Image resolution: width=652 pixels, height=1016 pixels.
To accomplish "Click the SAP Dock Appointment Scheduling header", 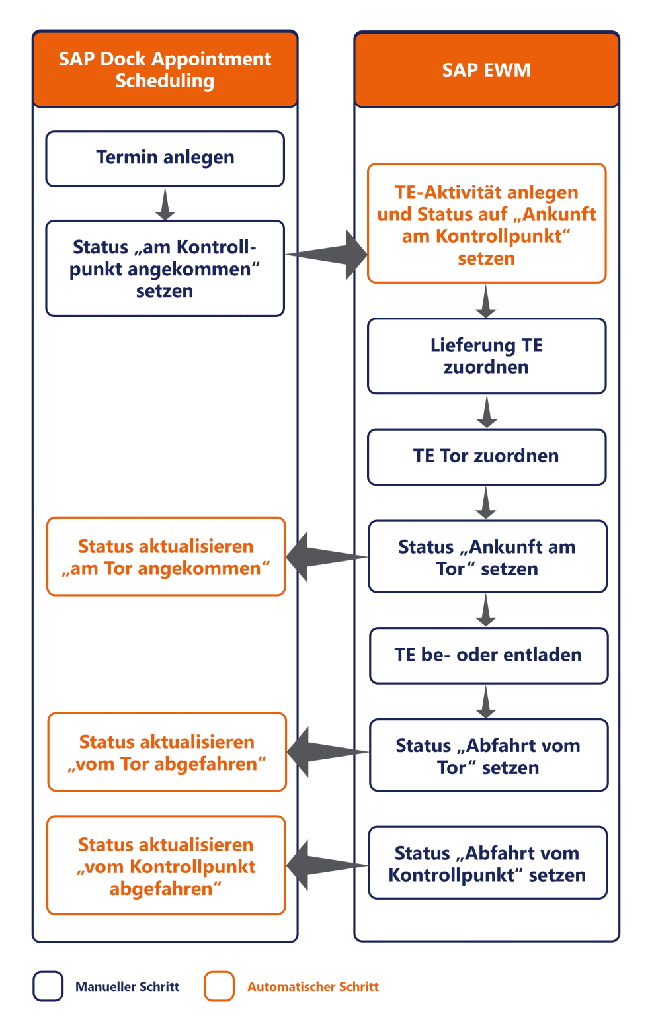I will coord(165,69).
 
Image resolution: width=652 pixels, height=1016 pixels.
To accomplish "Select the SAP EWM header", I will coord(487,69).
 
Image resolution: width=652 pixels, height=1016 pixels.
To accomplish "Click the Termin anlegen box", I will coord(165,158).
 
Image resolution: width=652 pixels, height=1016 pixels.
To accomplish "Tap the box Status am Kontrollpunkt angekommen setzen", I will coord(165,268).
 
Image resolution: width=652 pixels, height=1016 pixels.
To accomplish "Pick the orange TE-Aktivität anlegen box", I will coord(487,224).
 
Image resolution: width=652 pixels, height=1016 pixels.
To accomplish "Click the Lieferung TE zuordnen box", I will coord(487,356).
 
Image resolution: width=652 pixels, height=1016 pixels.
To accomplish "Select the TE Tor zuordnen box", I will coord(487,456).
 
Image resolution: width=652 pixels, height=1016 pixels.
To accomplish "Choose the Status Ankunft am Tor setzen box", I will coord(487,556).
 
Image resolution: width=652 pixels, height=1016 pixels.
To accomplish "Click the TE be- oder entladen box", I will coord(488,655).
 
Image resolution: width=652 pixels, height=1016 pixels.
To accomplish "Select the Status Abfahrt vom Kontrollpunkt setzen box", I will coord(487,863).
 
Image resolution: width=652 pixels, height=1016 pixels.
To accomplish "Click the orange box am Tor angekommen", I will coord(166,556).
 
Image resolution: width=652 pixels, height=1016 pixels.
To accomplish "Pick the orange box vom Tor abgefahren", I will coord(167,752).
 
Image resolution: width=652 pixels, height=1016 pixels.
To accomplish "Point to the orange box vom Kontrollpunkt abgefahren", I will coord(166,865).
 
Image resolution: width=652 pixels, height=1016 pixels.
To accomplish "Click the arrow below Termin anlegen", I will coord(165,204).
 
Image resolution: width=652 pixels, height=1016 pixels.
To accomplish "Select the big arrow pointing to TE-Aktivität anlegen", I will coord(331,255).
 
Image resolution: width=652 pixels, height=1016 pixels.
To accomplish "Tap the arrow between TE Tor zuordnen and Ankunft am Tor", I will coord(486,503).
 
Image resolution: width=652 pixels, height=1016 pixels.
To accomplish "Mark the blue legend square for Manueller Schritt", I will coord(48,986).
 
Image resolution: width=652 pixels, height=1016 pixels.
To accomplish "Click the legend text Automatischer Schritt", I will coord(313,986).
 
